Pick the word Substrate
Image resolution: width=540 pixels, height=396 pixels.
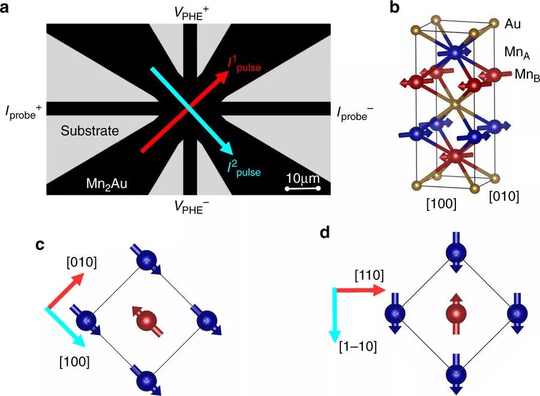[89, 130]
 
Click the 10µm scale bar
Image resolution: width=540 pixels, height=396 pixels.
[303, 189]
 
